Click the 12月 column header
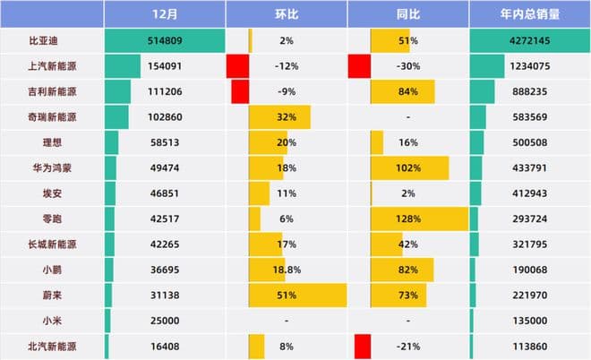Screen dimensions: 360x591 tap(164, 13)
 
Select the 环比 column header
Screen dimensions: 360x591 tap(286, 13)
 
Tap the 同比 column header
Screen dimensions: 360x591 tap(407, 13)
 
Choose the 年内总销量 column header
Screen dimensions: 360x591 tap(528, 13)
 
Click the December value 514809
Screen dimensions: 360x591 tap(164, 40)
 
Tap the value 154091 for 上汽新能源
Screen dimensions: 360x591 tap(164, 66)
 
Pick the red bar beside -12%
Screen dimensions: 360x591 tap(237, 66)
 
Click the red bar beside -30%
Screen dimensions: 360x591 tap(359, 66)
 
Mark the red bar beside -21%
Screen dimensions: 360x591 tap(363, 346)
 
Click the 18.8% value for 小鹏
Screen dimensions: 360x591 tap(287, 270)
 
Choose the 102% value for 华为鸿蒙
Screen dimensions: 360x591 tap(408, 168)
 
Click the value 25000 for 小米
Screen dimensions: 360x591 tap(164, 320)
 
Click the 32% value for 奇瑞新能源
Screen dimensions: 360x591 tap(287, 117)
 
